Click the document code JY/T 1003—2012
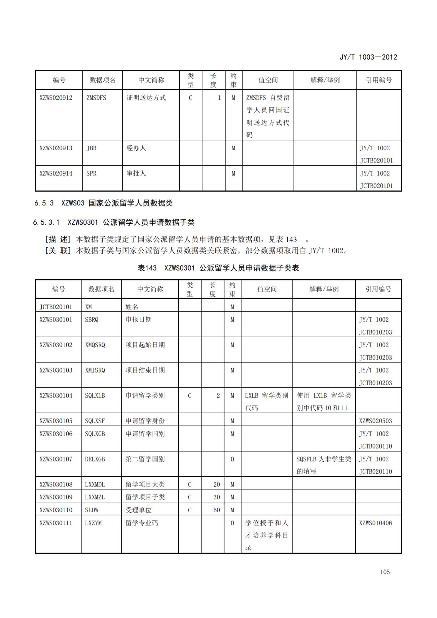pos(368,57)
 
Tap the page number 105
pos(385,572)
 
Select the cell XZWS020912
pos(56,98)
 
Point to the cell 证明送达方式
pos(146,98)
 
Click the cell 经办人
pos(136,148)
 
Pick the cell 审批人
pos(136,173)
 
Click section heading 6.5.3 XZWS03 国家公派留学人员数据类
pos(103,203)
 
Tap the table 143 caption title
pos(218,268)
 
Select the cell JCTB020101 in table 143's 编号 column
pos(56,307)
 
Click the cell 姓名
pos(132,307)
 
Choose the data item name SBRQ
pos(91,320)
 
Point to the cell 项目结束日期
pos(145,370)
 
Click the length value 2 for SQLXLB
pos(218,395)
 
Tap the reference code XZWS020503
pos(376,421)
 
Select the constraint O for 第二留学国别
pos(232,459)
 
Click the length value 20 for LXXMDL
pos(216,484)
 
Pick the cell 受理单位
pos(138,510)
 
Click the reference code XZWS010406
pos(376,523)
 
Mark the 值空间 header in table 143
pos(267,289)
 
